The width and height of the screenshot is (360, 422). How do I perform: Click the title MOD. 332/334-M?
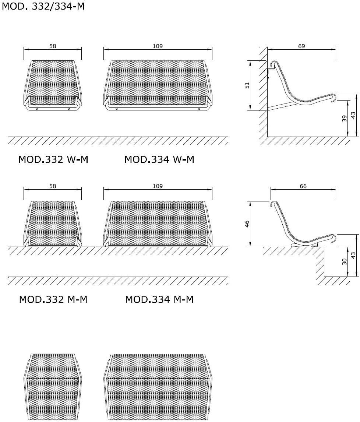43,6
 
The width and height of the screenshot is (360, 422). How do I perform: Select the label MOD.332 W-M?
53,159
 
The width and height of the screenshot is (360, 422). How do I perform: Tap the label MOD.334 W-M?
159,159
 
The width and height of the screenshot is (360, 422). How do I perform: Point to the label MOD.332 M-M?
53,299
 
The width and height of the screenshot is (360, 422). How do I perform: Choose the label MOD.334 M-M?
159,299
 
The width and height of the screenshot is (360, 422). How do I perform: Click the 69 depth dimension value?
301,46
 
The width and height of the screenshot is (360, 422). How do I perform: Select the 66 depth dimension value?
303,186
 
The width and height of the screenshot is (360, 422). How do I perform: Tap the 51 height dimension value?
247,85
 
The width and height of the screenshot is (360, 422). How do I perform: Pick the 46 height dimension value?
247,224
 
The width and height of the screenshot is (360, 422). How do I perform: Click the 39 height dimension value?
345,119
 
